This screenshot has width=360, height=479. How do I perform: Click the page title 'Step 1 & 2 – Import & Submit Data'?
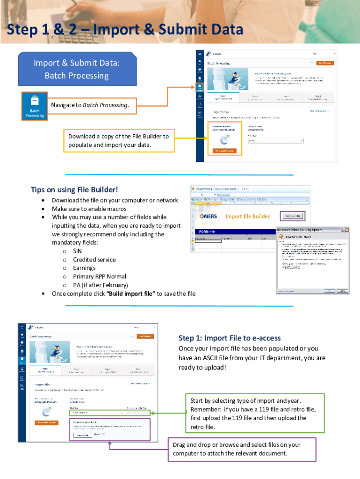coord(125,30)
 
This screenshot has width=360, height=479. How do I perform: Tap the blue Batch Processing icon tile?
coord(35,106)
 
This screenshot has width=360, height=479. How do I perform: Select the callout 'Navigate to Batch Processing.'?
coord(90,105)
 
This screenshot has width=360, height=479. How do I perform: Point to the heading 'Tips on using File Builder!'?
coord(74,189)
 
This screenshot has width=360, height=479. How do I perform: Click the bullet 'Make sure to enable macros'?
coord(89,209)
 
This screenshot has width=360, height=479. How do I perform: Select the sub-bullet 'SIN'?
coord(78,251)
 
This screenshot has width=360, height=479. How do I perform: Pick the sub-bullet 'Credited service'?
coord(94,260)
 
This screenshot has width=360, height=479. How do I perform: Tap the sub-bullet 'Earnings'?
coord(84,268)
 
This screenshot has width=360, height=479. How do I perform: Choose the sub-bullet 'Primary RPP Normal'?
coord(100,276)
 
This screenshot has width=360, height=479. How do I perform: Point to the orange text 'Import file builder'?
coord(247,216)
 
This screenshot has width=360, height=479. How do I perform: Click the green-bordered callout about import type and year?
coord(253,414)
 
